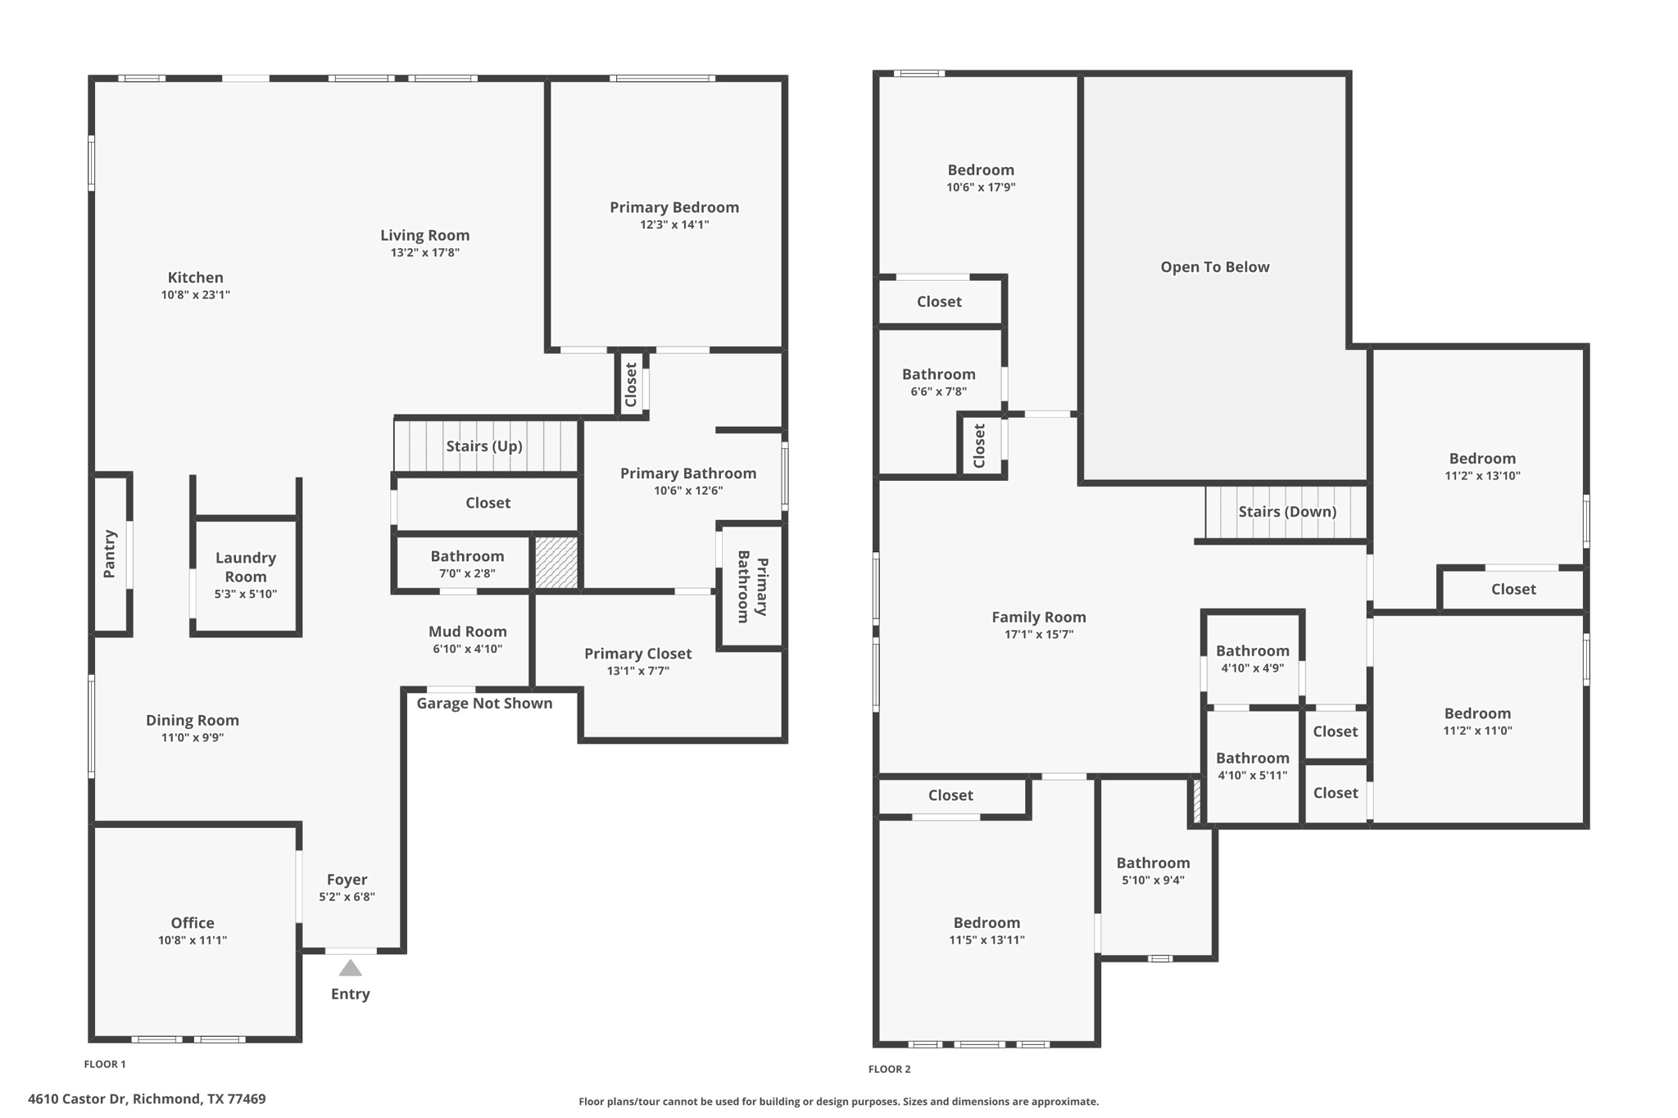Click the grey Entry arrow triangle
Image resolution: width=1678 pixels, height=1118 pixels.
(x=350, y=968)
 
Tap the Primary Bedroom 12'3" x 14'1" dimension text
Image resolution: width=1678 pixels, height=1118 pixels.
(x=674, y=224)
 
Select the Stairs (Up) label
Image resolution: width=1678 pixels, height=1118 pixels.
(x=483, y=446)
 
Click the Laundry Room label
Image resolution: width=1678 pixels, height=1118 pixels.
(x=246, y=567)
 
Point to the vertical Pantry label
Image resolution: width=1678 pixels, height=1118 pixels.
(x=110, y=554)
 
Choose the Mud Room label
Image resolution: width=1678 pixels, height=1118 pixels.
(x=467, y=631)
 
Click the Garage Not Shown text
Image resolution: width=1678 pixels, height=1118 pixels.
(x=484, y=704)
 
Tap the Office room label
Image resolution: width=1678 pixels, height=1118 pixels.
(x=193, y=923)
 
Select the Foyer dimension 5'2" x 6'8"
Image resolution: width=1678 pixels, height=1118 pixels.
(x=347, y=897)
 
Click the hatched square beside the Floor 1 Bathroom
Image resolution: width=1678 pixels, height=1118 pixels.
(x=556, y=562)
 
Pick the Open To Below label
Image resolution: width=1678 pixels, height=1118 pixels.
(x=1214, y=267)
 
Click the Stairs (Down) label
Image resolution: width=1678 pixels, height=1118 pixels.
(x=1286, y=512)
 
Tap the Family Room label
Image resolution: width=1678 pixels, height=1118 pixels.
(x=1038, y=618)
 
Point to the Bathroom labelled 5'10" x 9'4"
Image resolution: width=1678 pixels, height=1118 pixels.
(x=1153, y=863)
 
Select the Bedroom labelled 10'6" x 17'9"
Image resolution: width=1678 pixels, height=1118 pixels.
(x=981, y=170)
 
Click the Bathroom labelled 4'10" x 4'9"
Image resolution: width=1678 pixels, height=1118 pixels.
(x=1252, y=651)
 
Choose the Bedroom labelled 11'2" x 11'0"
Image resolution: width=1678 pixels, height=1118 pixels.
(x=1477, y=713)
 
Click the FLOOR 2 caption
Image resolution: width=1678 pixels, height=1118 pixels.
(x=889, y=1069)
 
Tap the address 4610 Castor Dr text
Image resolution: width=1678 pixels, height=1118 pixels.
(x=147, y=1099)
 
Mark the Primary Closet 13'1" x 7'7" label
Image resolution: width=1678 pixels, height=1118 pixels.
(x=637, y=654)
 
